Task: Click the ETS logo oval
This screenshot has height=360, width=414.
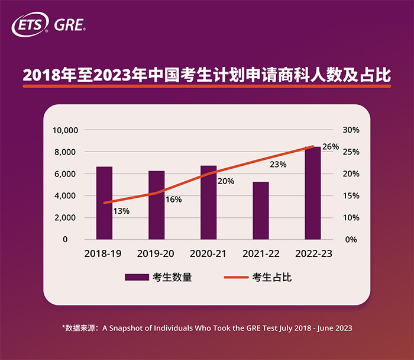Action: click(30, 25)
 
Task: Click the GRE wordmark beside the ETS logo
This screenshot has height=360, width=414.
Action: click(69, 25)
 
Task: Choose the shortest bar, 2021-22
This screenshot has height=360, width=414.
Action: click(260, 211)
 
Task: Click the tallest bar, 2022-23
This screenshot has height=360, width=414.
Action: click(312, 193)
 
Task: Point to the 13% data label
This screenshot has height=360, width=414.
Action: click(121, 211)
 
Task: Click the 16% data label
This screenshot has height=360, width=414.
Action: click(173, 200)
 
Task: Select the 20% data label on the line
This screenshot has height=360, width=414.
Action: click(225, 182)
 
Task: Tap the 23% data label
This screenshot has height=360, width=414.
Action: click(277, 164)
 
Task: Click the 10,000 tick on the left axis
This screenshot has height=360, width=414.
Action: click(66, 130)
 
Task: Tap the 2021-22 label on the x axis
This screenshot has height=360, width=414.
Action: click(260, 253)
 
